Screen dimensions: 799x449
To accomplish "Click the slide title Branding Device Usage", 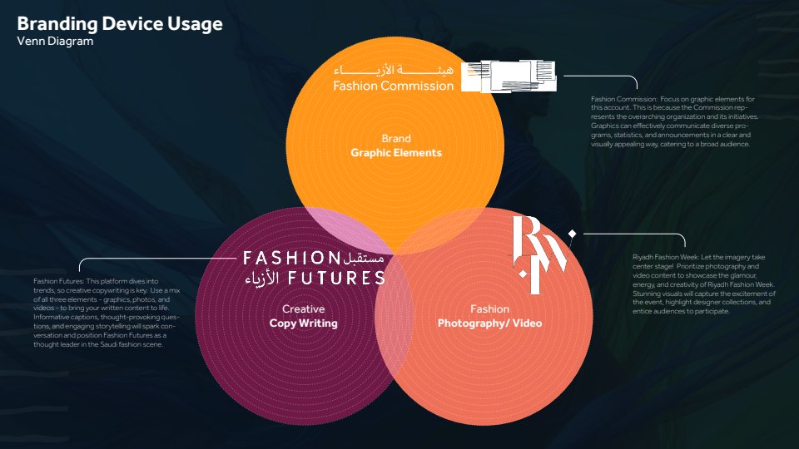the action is click(120, 24).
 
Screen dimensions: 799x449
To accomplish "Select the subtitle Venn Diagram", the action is click(55, 42).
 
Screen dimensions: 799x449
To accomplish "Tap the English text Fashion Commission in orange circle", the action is click(394, 86).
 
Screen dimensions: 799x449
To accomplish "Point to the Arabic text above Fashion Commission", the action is click(394, 69).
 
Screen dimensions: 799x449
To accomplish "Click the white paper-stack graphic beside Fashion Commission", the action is click(509, 76).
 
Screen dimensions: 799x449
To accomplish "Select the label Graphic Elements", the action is click(396, 153).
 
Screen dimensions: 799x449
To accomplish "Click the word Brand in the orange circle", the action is click(396, 139).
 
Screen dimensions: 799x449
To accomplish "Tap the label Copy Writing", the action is click(303, 323).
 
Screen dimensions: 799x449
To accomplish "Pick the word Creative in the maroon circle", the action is click(303, 309).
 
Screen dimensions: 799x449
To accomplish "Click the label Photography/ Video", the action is click(489, 323).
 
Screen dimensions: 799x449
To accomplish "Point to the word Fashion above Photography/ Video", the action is click(489, 309).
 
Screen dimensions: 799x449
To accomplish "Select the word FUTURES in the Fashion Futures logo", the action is click(336, 278).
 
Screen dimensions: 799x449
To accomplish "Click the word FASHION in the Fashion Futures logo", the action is click(291, 258).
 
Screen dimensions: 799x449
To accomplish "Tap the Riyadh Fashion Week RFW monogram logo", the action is click(539, 254).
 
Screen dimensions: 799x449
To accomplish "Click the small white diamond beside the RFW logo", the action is click(573, 234).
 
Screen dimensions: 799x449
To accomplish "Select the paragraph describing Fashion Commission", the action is click(675, 121).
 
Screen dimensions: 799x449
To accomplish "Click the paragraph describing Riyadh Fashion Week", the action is click(704, 284).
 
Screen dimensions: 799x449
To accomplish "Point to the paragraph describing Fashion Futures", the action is click(107, 313).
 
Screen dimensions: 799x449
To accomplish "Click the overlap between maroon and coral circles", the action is click(394, 316).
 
